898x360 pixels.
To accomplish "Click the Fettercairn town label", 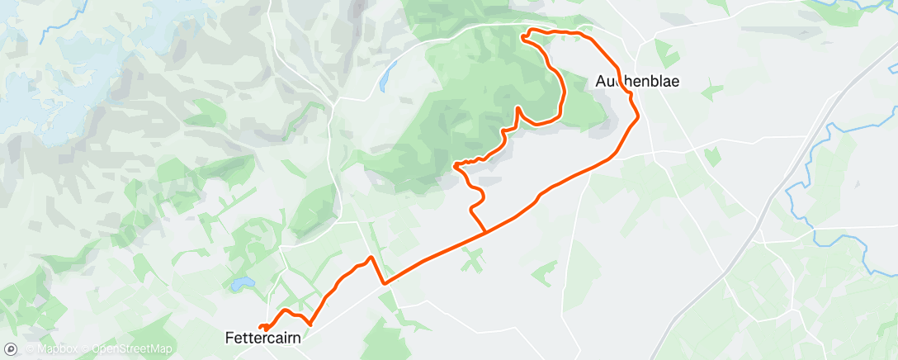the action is tap(263, 338).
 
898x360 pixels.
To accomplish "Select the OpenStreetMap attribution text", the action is tap(131, 349).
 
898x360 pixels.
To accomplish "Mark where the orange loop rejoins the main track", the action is tap(484, 232).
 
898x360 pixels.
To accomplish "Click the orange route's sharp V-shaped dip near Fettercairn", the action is tap(383, 282).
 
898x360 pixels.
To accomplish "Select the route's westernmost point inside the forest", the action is tap(456, 166).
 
